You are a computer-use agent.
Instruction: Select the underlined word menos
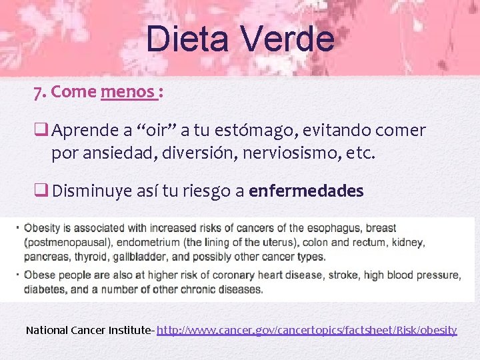128,92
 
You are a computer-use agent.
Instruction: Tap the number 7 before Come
38,93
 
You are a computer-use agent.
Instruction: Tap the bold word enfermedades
306,191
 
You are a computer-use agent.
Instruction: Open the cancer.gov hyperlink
307,329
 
